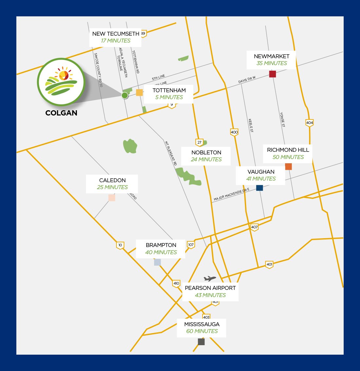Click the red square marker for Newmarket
click(x=273, y=74)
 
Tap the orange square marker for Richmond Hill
click(x=288, y=167)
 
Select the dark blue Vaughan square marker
click(x=260, y=188)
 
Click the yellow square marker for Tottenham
click(x=139, y=93)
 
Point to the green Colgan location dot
click(x=125, y=95)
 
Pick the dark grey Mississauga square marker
click(x=201, y=342)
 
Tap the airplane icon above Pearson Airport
click(x=210, y=279)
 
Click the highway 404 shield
click(x=309, y=123)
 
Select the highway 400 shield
click(x=234, y=132)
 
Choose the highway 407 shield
click(x=254, y=227)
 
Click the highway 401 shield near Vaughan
click(x=269, y=264)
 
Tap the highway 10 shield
click(x=120, y=245)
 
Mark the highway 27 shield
click(x=199, y=142)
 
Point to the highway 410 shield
click(x=176, y=283)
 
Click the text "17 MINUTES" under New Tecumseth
click(x=116, y=41)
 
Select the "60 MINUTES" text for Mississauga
click(x=202, y=331)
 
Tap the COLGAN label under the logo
click(x=62, y=113)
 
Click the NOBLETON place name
click(x=206, y=152)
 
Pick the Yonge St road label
click(x=282, y=119)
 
